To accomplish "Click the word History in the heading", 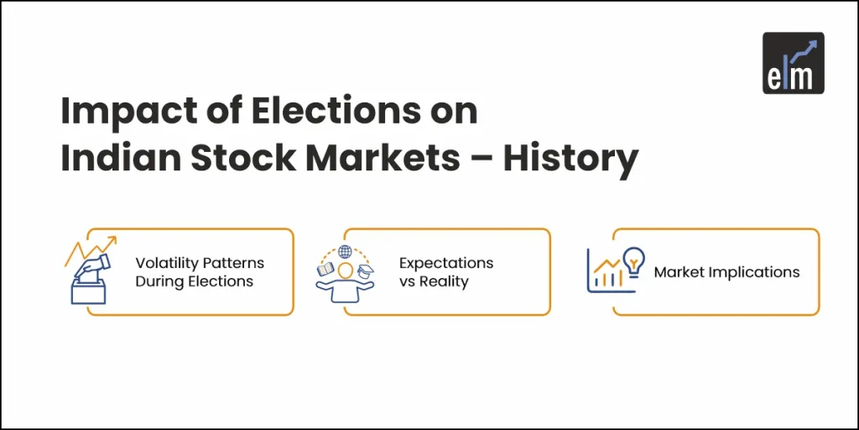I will [x=570, y=160].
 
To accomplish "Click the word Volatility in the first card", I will [x=164, y=263].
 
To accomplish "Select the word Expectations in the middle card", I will [x=446, y=263].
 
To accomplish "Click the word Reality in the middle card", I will [x=445, y=281].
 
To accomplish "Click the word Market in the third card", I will [x=680, y=272].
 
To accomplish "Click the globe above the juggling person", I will [x=344, y=251].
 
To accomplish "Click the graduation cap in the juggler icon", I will [x=365, y=271].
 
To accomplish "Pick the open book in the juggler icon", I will [x=324, y=270].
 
